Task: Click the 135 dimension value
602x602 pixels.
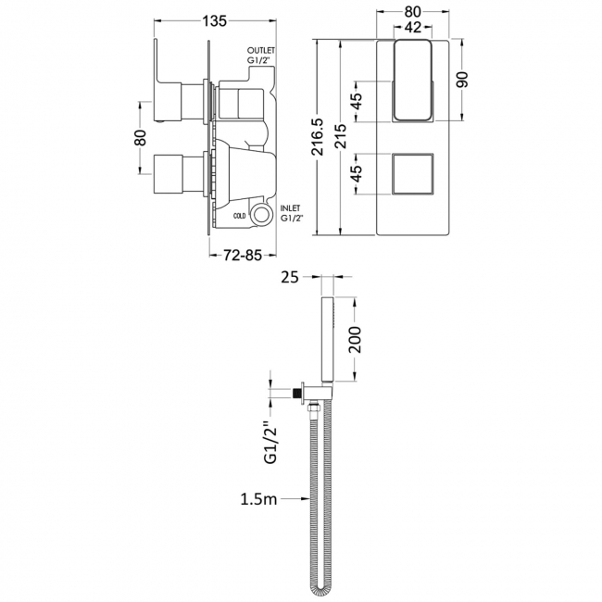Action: click(215, 21)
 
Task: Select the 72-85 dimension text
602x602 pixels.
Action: click(243, 256)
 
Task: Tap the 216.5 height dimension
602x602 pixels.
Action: click(318, 137)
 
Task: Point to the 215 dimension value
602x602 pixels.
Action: click(341, 136)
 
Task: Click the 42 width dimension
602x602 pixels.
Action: click(413, 27)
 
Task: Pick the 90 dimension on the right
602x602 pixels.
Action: click(464, 80)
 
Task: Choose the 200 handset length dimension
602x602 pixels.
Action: click(355, 339)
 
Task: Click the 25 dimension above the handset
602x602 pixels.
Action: click(290, 277)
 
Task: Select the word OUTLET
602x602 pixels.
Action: click(261, 50)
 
